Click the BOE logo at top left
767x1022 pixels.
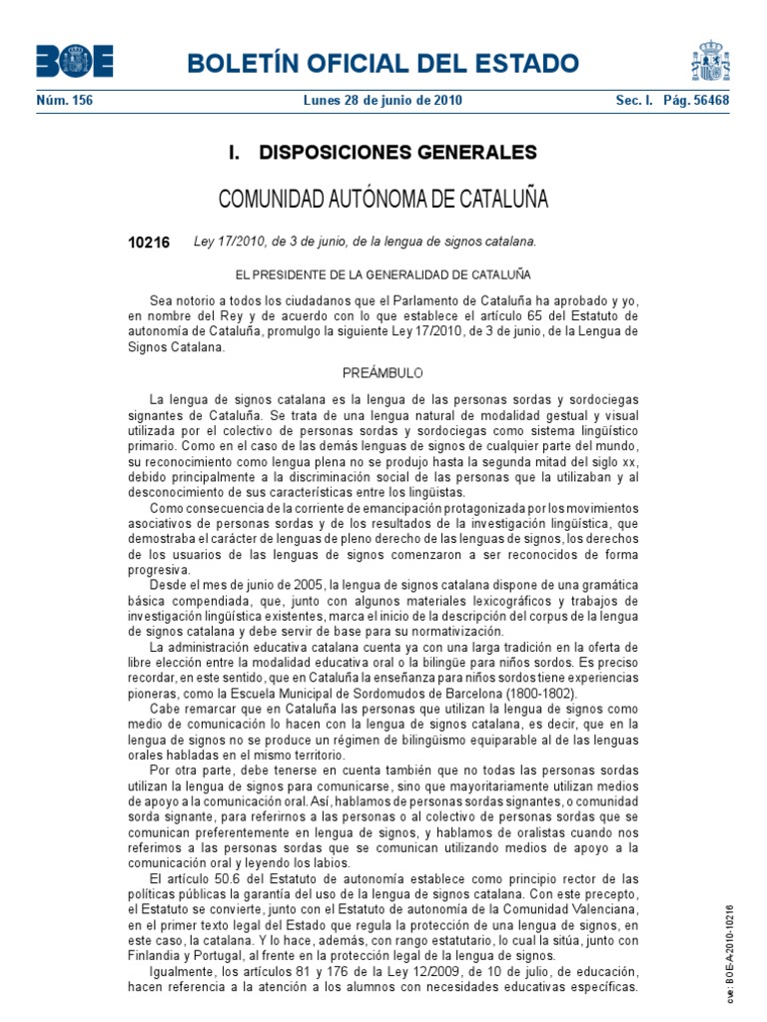click(75, 61)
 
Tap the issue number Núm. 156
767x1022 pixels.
click(64, 101)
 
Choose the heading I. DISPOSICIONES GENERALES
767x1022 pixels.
click(383, 153)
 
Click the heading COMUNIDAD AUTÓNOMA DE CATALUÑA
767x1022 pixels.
click(383, 199)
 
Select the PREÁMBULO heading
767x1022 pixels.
click(383, 372)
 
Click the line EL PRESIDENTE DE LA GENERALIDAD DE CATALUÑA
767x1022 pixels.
click(383, 273)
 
